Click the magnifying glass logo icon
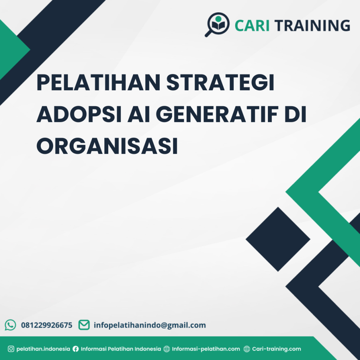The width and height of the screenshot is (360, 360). (217, 24)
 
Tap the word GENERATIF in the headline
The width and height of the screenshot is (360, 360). (209, 116)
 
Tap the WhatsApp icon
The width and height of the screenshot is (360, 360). (11, 325)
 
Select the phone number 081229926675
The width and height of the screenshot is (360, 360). (47, 325)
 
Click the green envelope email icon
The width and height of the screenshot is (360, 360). (84, 325)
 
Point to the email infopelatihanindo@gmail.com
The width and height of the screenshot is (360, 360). (149, 325)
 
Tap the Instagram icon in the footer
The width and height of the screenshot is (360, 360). (11, 349)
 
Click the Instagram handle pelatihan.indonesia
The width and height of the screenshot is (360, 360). (43, 349)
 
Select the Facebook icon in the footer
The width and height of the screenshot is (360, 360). (76, 349)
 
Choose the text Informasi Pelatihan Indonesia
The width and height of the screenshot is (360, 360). (121, 349)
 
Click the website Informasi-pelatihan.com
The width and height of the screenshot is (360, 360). (206, 349)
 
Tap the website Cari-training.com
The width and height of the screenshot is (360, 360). (276, 349)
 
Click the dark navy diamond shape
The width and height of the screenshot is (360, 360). (278, 239)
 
